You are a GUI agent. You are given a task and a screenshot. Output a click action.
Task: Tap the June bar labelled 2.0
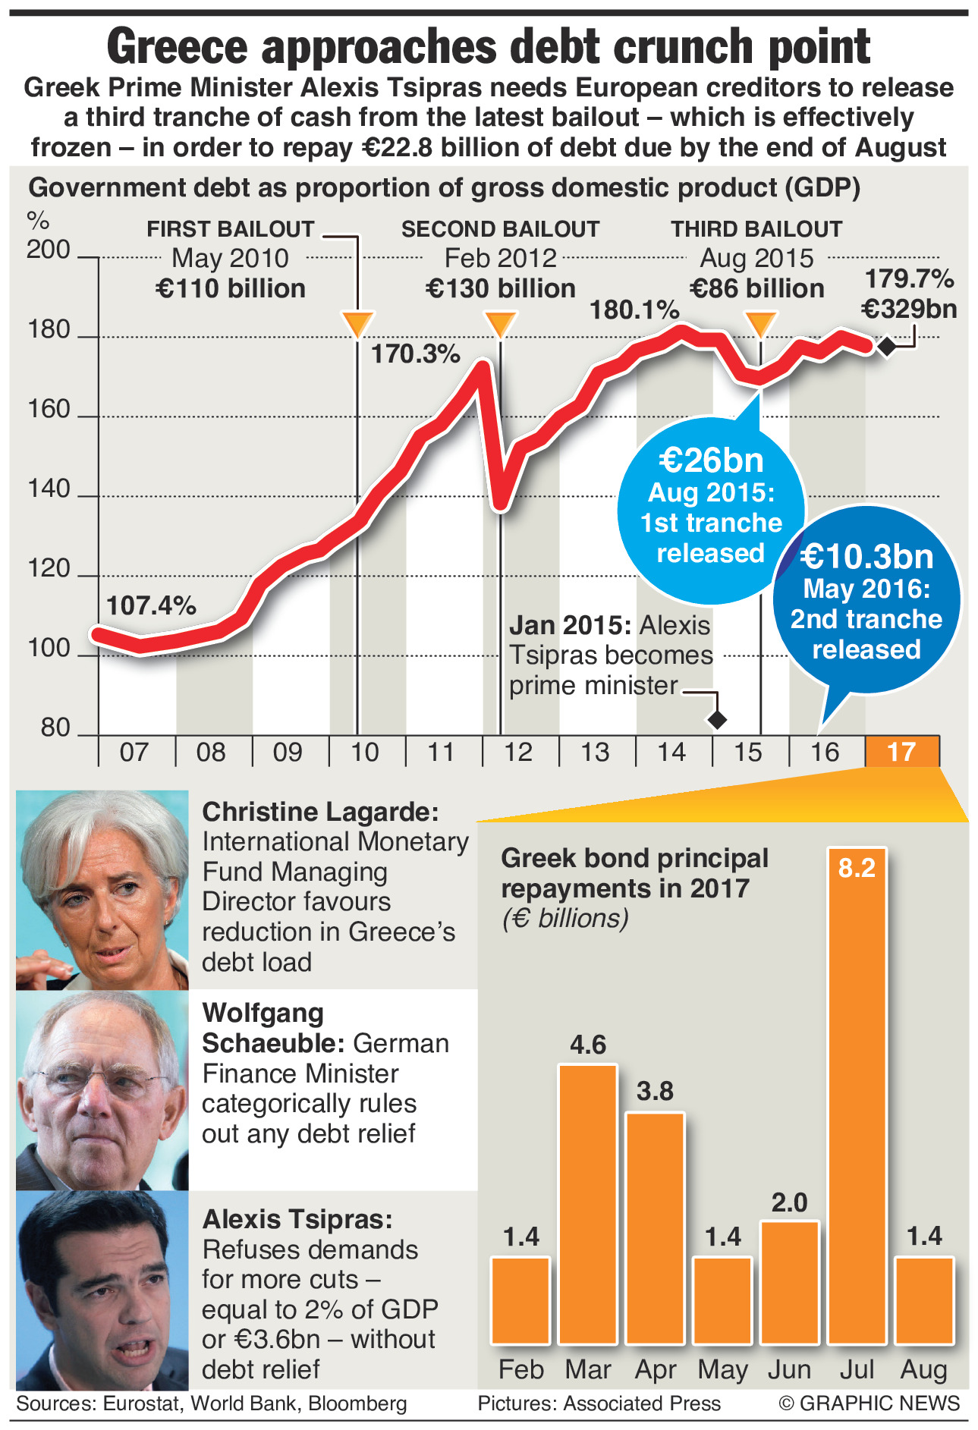[790, 1283]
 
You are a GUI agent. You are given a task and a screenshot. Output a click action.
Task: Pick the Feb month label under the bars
[521, 1370]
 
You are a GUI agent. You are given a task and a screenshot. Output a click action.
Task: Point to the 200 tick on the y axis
[49, 250]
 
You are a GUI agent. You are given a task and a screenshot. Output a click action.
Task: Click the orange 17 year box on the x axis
[901, 752]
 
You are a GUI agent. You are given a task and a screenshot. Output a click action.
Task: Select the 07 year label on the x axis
[134, 752]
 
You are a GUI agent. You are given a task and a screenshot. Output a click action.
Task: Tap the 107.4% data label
[151, 605]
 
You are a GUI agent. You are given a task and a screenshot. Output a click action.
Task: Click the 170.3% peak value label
[415, 354]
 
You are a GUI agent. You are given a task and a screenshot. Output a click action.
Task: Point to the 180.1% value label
[634, 310]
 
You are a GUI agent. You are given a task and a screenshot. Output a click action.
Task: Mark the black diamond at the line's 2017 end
[885, 347]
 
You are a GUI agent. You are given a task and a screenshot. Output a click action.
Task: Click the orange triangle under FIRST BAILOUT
[357, 323]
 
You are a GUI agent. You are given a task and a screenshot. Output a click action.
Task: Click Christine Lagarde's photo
[102, 890]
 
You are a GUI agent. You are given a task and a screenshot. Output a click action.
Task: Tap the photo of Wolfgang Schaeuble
[102, 1090]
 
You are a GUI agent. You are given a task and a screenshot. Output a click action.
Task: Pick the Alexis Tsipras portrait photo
[102, 1290]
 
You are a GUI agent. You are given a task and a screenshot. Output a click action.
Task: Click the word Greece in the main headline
[178, 46]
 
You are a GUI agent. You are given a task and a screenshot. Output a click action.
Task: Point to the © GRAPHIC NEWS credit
[870, 1403]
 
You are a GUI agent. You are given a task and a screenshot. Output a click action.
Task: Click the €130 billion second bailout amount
[501, 288]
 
